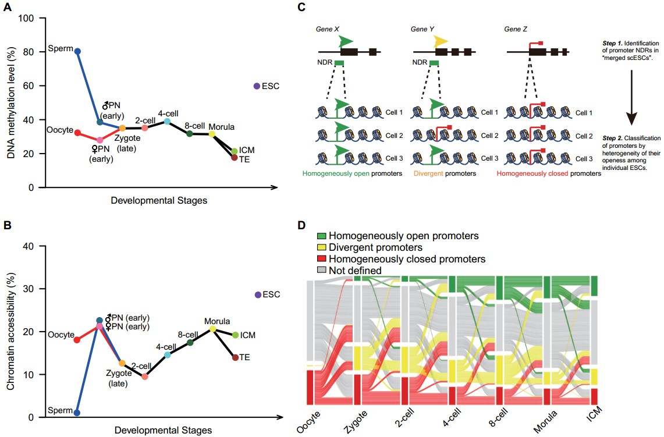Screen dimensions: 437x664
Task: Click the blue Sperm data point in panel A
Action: pyautogui.click(x=77, y=51)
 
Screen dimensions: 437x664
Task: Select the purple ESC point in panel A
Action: pyautogui.click(x=256, y=86)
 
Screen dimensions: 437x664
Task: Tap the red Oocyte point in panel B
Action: pyautogui.click(x=77, y=339)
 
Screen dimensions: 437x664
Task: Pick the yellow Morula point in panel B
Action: pyautogui.click(x=212, y=329)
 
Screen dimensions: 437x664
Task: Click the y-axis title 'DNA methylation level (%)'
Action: pyautogui.click(x=10, y=102)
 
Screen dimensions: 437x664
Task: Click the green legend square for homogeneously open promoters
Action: pyautogui.click(x=321, y=236)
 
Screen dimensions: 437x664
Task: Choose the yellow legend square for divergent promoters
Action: pyautogui.click(x=321, y=247)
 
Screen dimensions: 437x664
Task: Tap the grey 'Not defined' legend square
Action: pyautogui.click(x=321, y=270)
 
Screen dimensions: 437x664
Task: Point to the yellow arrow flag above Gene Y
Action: pyautogui.click(x=441, y=41)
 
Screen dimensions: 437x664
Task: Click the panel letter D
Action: pyautogui.click(x=300, y=225)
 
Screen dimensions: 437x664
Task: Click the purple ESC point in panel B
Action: pyautogui.click(x=258, y=294)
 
